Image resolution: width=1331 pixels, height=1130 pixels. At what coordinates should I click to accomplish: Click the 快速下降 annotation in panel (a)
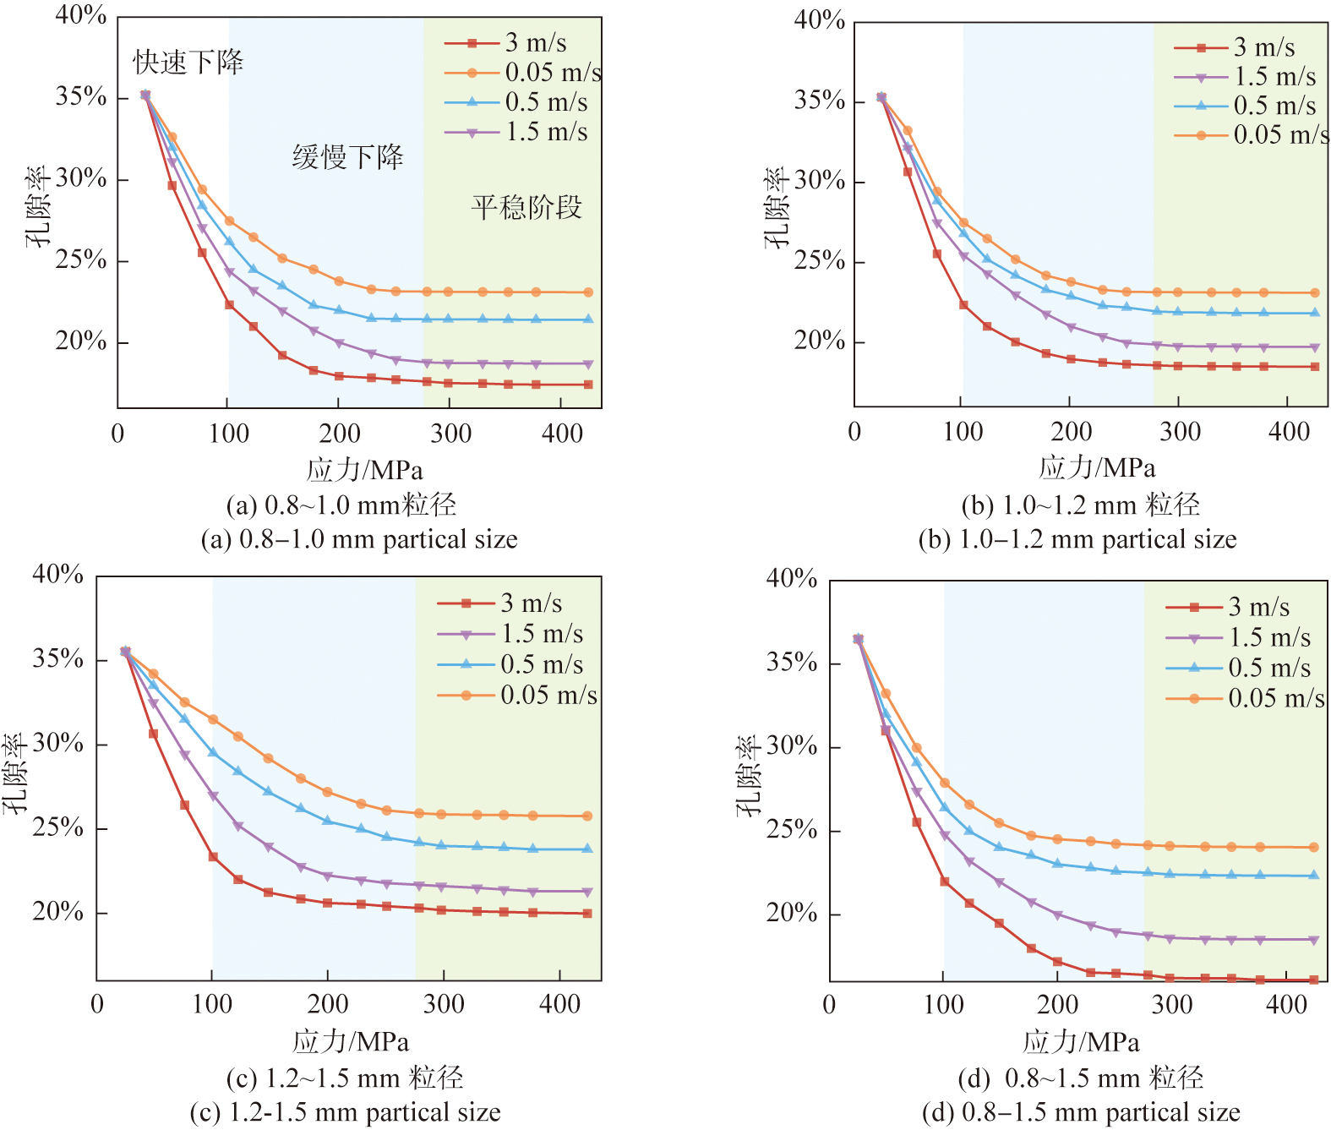(188, 62)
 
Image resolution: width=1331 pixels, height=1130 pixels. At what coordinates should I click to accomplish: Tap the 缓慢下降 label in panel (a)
(348, 156)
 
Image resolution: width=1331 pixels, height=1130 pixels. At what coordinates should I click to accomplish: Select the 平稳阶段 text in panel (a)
(526, 207)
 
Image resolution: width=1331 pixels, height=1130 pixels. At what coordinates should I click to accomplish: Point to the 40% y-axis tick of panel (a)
(81, 16)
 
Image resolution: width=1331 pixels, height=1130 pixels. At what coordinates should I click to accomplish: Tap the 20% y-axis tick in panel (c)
(58, 912)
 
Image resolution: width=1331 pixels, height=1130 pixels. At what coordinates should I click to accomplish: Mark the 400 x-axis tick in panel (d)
(1286, 1005)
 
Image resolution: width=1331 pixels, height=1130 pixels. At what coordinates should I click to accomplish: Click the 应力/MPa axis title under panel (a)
(364, 470)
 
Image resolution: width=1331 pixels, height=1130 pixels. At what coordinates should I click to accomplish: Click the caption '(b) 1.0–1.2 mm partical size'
(1077, 539)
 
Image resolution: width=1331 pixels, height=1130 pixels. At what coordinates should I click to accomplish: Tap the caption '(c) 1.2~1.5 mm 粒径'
(345, 1078)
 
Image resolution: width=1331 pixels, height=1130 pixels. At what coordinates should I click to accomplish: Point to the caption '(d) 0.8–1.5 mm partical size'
(1081, 1112)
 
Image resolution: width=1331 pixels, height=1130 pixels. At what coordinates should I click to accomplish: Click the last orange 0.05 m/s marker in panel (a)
(588, 292)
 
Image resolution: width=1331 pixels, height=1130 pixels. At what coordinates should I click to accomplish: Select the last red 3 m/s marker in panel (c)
(587, 914)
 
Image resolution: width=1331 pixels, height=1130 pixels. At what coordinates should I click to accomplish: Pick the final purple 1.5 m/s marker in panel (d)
(1313, 940)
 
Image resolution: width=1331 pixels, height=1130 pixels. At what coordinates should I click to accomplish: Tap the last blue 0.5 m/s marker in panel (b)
(1314, 313)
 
